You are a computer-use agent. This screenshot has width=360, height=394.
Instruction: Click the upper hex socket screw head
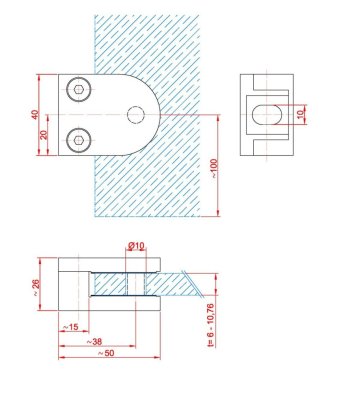(x=79, y=89)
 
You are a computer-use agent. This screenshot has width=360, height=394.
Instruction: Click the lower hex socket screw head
(x=79, y=140)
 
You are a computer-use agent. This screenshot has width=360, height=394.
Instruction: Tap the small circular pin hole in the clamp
(x=136, y=115)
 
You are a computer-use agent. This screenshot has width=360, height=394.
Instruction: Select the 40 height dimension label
(x=35, y=114)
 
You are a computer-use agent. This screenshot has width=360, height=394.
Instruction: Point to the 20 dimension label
(x=44, y=135)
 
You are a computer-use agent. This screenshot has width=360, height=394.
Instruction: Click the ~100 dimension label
(x=214, y=168)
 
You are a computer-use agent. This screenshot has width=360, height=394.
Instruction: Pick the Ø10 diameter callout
(x=136, y=246)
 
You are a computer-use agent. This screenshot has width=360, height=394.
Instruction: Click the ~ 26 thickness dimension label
(x=36, y=288)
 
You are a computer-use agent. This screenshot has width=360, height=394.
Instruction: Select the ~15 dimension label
(x=71, y=327)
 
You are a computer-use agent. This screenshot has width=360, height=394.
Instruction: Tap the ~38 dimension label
(x=94, y=342)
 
